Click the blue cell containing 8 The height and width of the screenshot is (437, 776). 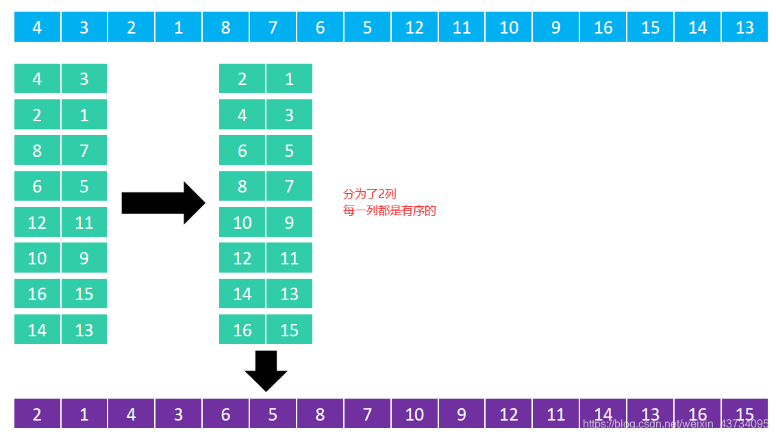(225, 27)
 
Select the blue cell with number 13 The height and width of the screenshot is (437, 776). (744, 27)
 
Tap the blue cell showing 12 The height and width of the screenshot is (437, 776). (414, 27)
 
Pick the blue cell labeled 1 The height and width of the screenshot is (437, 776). (178, 27)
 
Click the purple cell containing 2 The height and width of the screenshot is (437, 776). (37, 414)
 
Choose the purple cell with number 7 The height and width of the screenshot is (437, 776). (367, 414)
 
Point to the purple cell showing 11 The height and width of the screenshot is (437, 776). (556, 414)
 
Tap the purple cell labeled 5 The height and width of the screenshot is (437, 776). (273, 414)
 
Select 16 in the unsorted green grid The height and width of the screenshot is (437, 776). (37, 293)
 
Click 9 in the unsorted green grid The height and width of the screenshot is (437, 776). (84, 258)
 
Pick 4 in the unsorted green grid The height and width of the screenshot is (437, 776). (37, 79)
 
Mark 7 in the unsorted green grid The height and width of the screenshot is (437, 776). (84, 150)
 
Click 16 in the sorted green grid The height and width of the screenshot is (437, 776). (242, 329)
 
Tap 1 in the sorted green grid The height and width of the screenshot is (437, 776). (289, 79)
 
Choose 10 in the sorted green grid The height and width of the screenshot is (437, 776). (242, 222)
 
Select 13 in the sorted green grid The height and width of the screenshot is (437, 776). (289, 293)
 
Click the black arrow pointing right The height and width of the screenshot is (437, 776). (163, 203)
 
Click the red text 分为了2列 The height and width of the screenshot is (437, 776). (369, 194)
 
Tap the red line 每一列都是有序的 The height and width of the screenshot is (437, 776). (389, 210)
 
